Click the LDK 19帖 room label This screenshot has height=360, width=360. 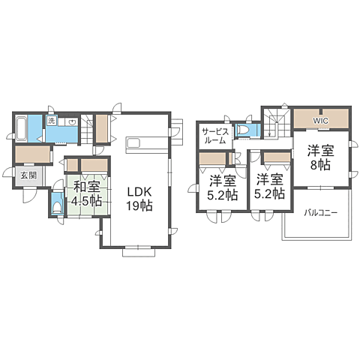click(139, 199)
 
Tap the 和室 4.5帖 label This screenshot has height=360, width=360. click(86, 193)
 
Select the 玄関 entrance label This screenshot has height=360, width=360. click(28, 175)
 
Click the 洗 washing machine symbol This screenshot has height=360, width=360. click(51, 121)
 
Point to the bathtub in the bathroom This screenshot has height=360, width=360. click(21, 127)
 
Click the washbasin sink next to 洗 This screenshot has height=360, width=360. click(72, 122)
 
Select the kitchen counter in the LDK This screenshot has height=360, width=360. click(147, 145)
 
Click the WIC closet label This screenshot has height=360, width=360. click(321, 121)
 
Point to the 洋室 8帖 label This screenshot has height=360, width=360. click(321, 157)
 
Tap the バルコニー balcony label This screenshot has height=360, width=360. click(321, 213)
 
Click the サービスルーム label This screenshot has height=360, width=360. click(215, 136)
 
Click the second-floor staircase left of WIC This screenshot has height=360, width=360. click(276, 123)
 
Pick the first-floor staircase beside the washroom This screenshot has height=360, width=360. click(86, 130)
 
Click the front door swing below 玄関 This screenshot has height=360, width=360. click(29, 196)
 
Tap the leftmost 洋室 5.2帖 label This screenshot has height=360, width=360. click(222, 187)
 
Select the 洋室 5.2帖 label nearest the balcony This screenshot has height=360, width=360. click(269, 186)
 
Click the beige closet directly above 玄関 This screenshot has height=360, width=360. click(33, 154)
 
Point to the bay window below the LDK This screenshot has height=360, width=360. click(139, 253)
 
